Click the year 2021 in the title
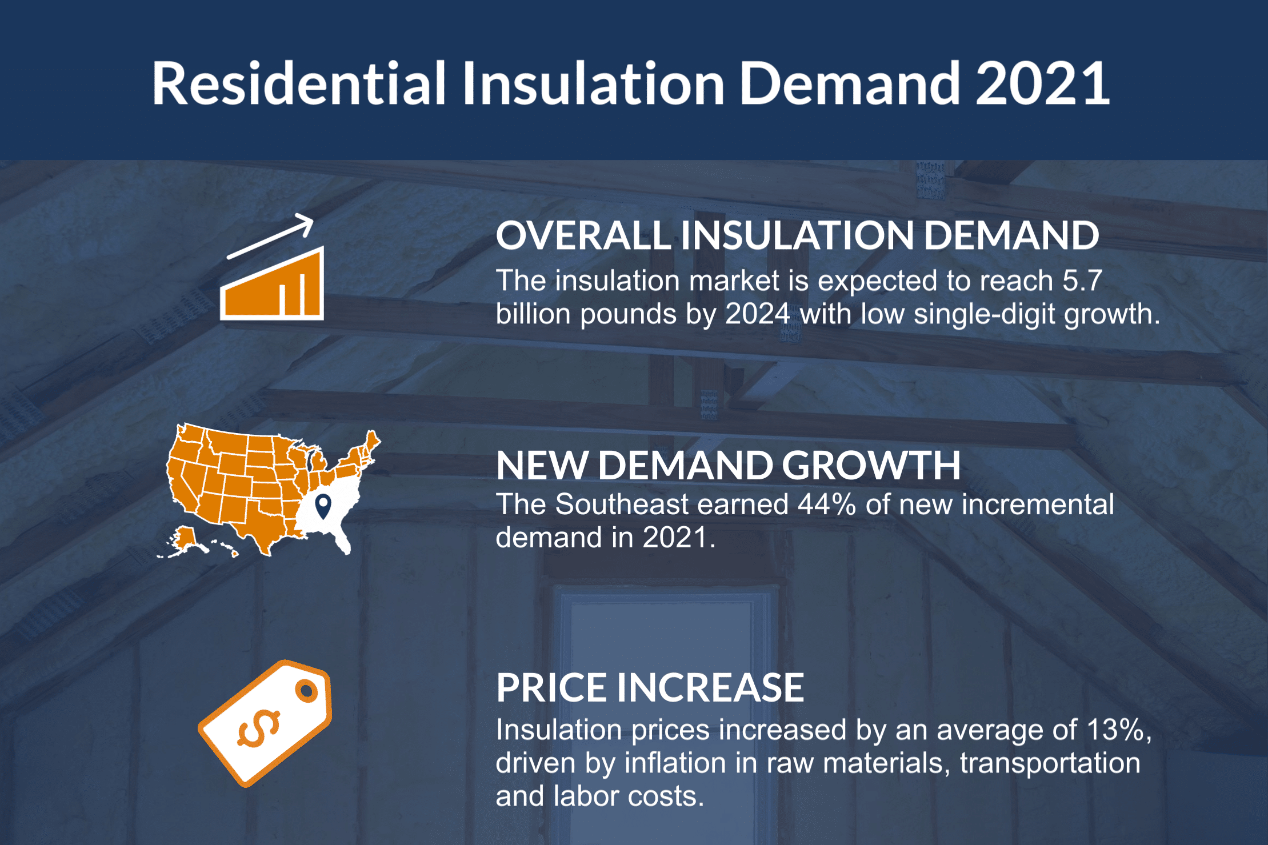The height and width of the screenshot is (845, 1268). tap(1042, 85)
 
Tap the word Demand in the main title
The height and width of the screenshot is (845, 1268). tap(850, 85)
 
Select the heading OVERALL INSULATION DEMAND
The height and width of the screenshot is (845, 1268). tap(797, 235)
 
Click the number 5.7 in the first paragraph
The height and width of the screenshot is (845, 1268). tap(1082, 281)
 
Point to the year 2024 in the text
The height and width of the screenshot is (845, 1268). tap(757, 314)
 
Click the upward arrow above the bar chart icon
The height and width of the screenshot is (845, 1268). tap(272, 235)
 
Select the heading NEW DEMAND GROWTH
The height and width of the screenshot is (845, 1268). tap(728, 465)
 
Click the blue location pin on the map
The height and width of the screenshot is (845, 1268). tap(323, 505)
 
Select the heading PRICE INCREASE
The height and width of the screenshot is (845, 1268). tap(650, 687)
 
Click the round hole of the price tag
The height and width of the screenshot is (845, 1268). tap(307, 691)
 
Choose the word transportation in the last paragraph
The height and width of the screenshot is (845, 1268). tap(1050, 763)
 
